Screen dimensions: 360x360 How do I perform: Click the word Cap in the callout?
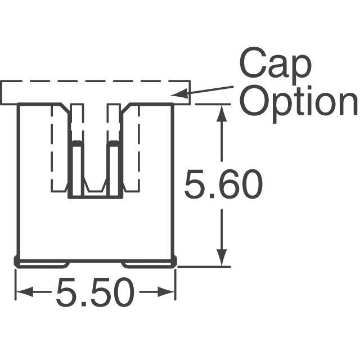point(275,64)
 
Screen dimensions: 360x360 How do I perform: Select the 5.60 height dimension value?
point(223,186)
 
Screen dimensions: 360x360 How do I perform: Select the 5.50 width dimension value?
point(95,294)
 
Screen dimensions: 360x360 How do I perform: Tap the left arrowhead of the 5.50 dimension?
point(22,292)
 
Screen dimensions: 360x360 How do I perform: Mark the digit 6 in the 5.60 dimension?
point(223,186)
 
